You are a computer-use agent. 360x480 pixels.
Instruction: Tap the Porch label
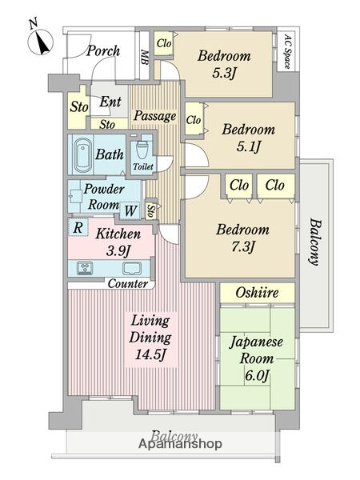102,51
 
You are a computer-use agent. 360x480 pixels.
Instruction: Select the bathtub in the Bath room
85,156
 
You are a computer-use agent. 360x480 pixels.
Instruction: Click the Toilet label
142,167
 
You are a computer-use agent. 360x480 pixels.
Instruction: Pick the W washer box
130,210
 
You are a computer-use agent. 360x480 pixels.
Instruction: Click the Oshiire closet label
258,292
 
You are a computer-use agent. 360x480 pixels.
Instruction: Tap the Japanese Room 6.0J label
258,357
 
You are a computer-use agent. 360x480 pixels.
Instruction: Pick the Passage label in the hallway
155,116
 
